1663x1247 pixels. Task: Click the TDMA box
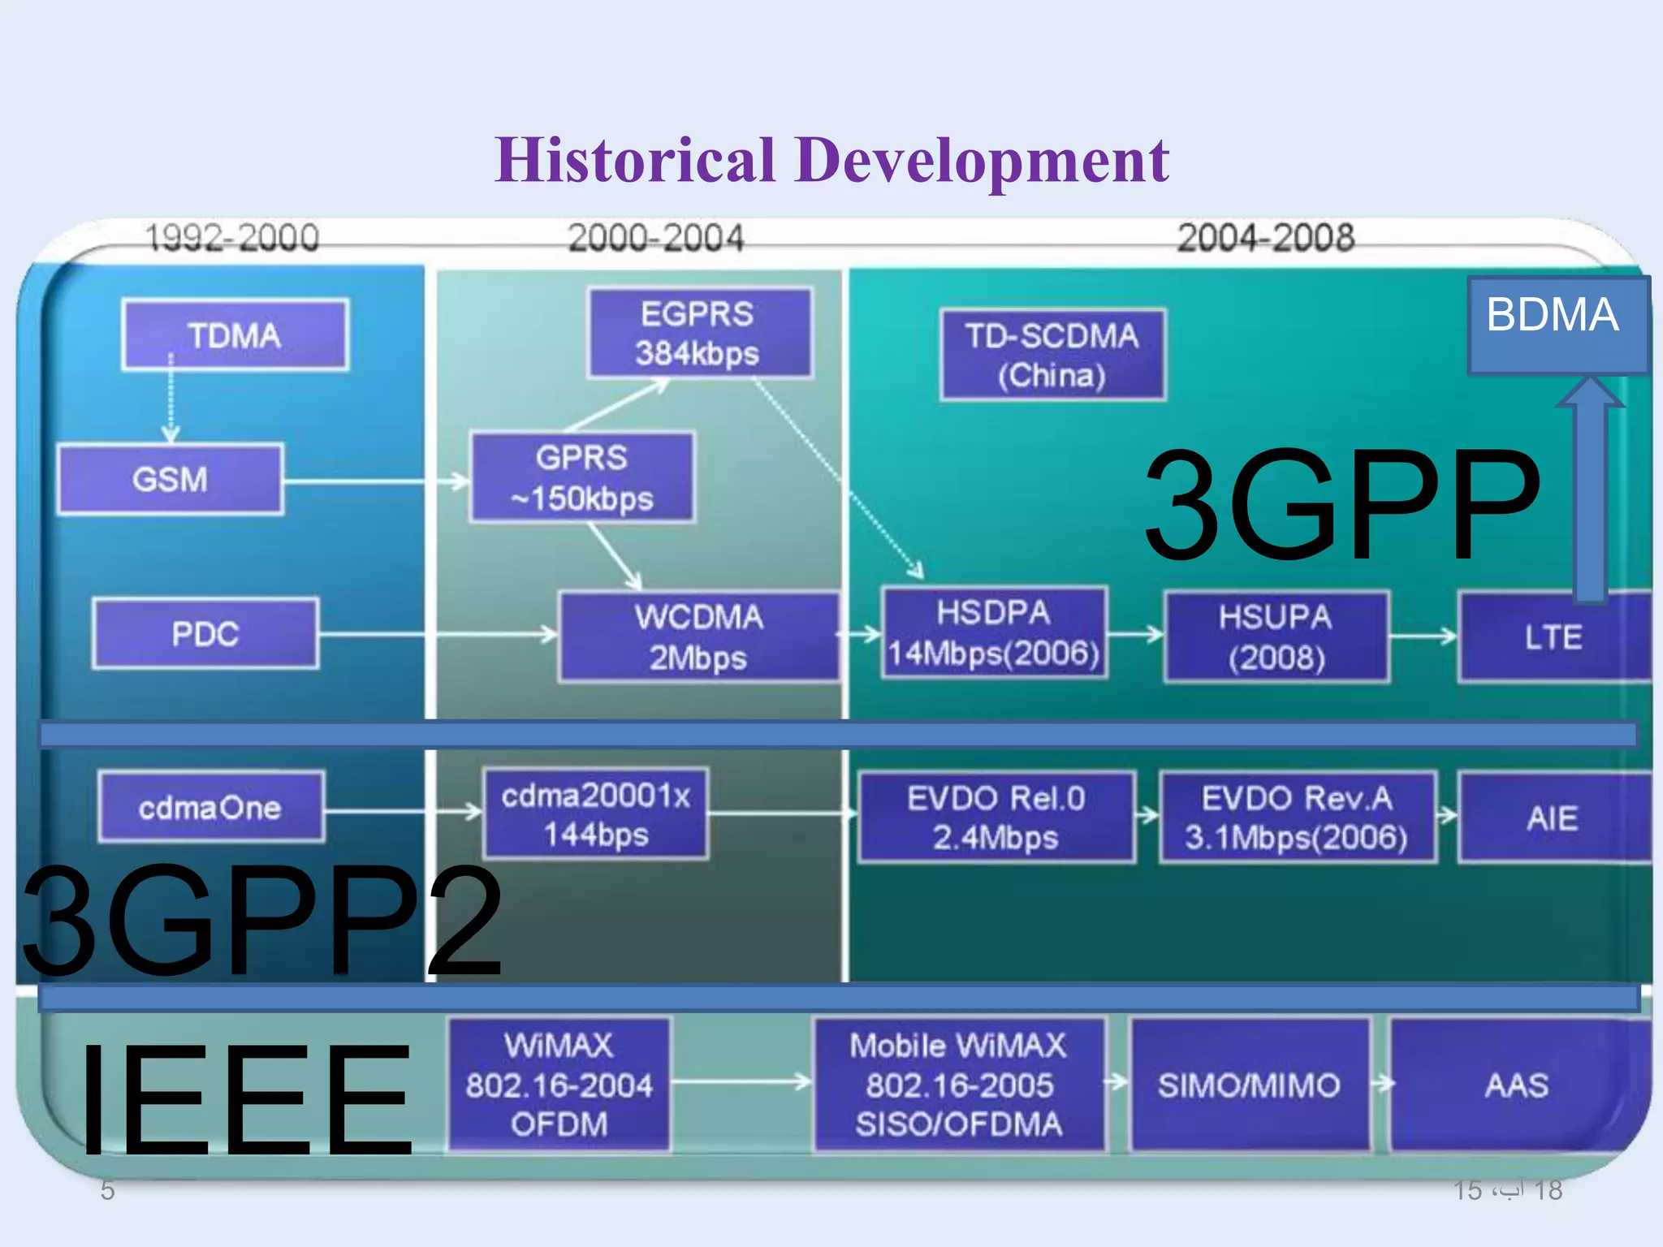point(235,335)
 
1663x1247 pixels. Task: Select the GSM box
point(171,479)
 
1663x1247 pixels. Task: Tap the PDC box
point(205,634)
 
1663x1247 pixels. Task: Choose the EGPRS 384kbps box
point(698,334)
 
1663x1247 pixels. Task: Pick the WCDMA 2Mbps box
point(698,637)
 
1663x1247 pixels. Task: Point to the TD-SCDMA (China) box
point(1052,355)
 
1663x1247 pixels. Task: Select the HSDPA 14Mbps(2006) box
point(994,633)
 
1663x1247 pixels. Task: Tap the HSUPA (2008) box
point(1276,637)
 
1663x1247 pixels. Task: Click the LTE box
point(1553,637)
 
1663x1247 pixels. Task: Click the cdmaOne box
point(210,808)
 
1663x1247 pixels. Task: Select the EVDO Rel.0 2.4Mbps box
point(996,818)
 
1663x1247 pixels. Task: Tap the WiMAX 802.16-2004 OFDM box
point(559,1085)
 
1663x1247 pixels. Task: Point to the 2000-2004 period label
point(655,238)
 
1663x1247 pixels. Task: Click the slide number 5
point(107,1190)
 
